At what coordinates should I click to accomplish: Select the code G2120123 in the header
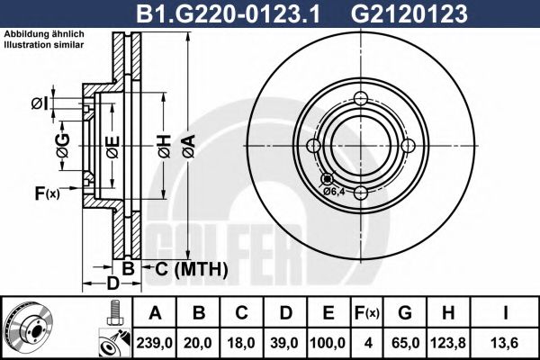tap(422, 13)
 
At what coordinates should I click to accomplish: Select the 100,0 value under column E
tap(328, 342)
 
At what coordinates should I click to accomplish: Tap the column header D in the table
tap(285, 313)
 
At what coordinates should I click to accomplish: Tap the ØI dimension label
tap(40, 104)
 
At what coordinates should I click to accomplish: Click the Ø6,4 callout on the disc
tap(334, 191)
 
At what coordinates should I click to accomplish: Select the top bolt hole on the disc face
tap(360, 99)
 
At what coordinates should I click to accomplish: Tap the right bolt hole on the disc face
tap(407, 146)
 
